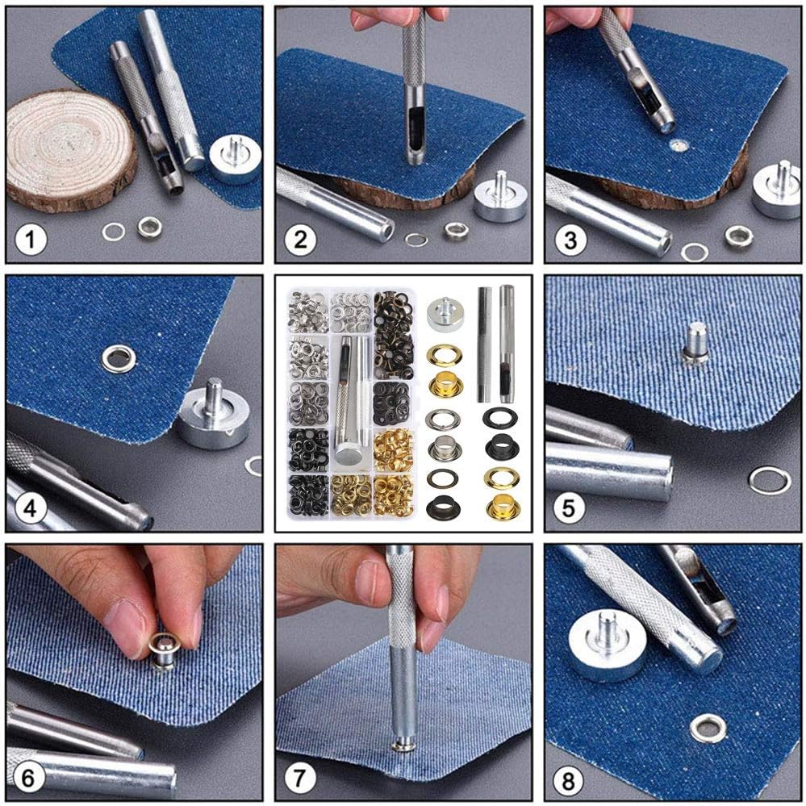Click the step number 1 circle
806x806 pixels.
click(30, 240)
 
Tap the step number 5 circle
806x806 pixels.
click(570, 509)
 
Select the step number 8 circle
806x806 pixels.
click(570, 780)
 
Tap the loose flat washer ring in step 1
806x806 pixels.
click(114, 232)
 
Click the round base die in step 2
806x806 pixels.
click(500, 198)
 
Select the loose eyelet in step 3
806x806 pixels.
click(738, 236)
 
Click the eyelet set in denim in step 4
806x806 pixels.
click(119, 357)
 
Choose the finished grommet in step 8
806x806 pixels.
click(708, 729)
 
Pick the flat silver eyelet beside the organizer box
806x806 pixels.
click(444, 420)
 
